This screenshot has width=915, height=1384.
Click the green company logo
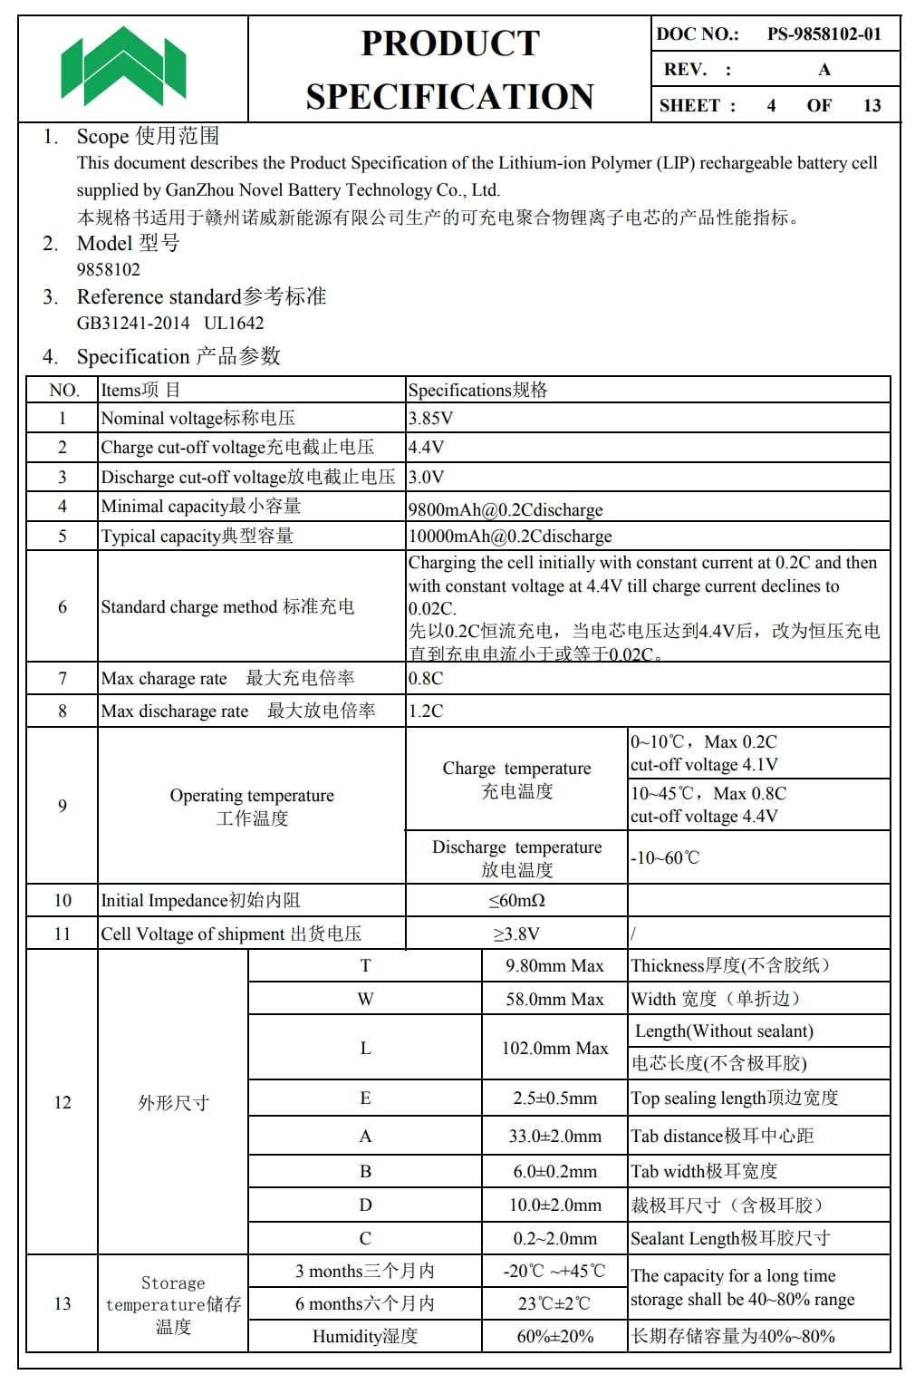[123, 66]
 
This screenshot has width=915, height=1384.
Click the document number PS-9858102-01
[823, 34]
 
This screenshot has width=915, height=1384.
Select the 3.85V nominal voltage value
[430, 418]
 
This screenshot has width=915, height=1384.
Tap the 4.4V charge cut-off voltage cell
[426, 447]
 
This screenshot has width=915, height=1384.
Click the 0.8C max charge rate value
[426, 678]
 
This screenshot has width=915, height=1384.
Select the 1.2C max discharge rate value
[426, 711]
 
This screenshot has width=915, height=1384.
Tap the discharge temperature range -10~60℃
[665, 857]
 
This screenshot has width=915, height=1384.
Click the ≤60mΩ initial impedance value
[516, 900]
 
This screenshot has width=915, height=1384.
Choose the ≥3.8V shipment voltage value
[516, 934]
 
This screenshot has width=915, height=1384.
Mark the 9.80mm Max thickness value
[554, 965]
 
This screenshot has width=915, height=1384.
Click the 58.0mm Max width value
[554, 999]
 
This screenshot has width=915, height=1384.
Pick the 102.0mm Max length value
[554, 1048]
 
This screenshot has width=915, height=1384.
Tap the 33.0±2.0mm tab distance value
[554, 1136]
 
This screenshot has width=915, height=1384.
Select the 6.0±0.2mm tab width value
[554, 1171]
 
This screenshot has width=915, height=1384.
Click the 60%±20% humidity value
[554, 1336]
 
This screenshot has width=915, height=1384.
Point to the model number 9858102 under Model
[109, 269]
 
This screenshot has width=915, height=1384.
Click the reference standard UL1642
[234, 323]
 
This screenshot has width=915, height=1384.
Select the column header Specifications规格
[477, 390]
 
